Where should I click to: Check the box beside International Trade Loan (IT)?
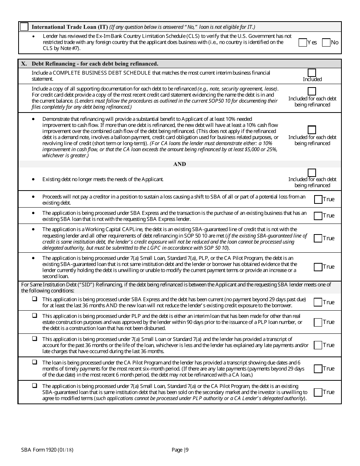coord(24,27)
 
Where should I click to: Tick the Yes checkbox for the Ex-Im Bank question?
coord(303,42)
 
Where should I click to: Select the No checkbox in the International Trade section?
coord(326,42)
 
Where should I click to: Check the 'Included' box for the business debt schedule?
coord(312,73)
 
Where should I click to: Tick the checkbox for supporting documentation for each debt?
coord(312,91)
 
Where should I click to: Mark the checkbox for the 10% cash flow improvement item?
coord(312,130)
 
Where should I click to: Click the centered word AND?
coord(180,164)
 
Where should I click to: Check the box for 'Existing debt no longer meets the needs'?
coord(312,173)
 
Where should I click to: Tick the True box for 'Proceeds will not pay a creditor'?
coord(318,199)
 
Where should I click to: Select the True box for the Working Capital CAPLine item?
coord(318,238)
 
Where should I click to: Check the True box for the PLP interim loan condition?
coord(318,322)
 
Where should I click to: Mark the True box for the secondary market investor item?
coord(318,392)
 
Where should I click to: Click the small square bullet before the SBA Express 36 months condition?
coord(34,299)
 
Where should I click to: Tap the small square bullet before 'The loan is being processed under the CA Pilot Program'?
coord(34,362)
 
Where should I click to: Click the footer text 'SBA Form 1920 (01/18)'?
coord(47,450)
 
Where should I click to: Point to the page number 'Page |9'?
coord(180,450)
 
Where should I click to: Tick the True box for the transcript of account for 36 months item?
coord(318,345)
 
